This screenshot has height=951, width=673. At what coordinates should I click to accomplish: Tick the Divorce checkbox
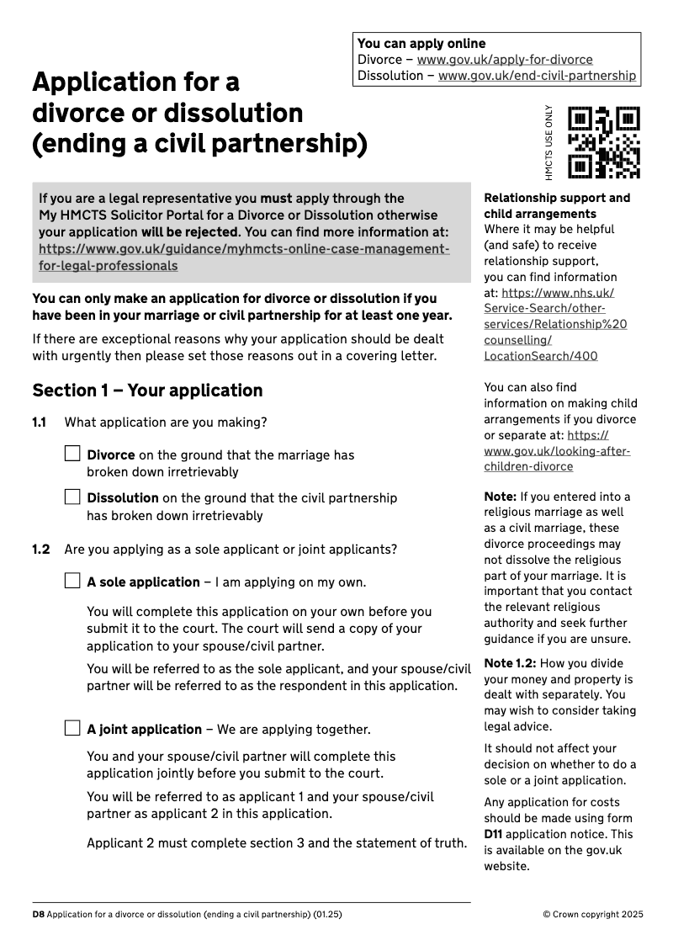point(72,454)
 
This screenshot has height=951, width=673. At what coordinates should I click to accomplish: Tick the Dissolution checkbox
point(72,497)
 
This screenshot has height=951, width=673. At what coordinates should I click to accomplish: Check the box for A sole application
point(72,581)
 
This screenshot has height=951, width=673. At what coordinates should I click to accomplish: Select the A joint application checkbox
point(72,728)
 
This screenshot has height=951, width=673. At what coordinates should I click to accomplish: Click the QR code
point(603,142)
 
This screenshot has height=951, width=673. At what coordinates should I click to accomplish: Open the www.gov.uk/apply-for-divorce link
point(505,60)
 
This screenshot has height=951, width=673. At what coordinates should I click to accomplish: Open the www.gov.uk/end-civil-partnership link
point(537,76)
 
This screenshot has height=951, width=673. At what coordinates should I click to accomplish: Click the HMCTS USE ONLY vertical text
point(549,142)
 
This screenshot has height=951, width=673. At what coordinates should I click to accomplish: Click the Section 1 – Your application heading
point(147,390)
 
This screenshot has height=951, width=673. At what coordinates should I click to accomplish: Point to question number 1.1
point(39,422)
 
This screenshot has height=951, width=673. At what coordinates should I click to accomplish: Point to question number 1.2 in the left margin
point(40,550)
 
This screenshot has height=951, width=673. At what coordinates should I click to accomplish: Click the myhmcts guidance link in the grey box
point(244,258)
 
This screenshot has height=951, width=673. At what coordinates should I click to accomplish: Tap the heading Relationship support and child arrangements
point(556,206)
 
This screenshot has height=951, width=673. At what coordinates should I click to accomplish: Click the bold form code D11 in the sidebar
point(493,834)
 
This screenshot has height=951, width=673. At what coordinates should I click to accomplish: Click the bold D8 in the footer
point(38,914)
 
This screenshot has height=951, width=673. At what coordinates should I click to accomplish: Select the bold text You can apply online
point(421,44)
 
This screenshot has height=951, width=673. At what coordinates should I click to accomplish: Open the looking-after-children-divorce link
point(557,451)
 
